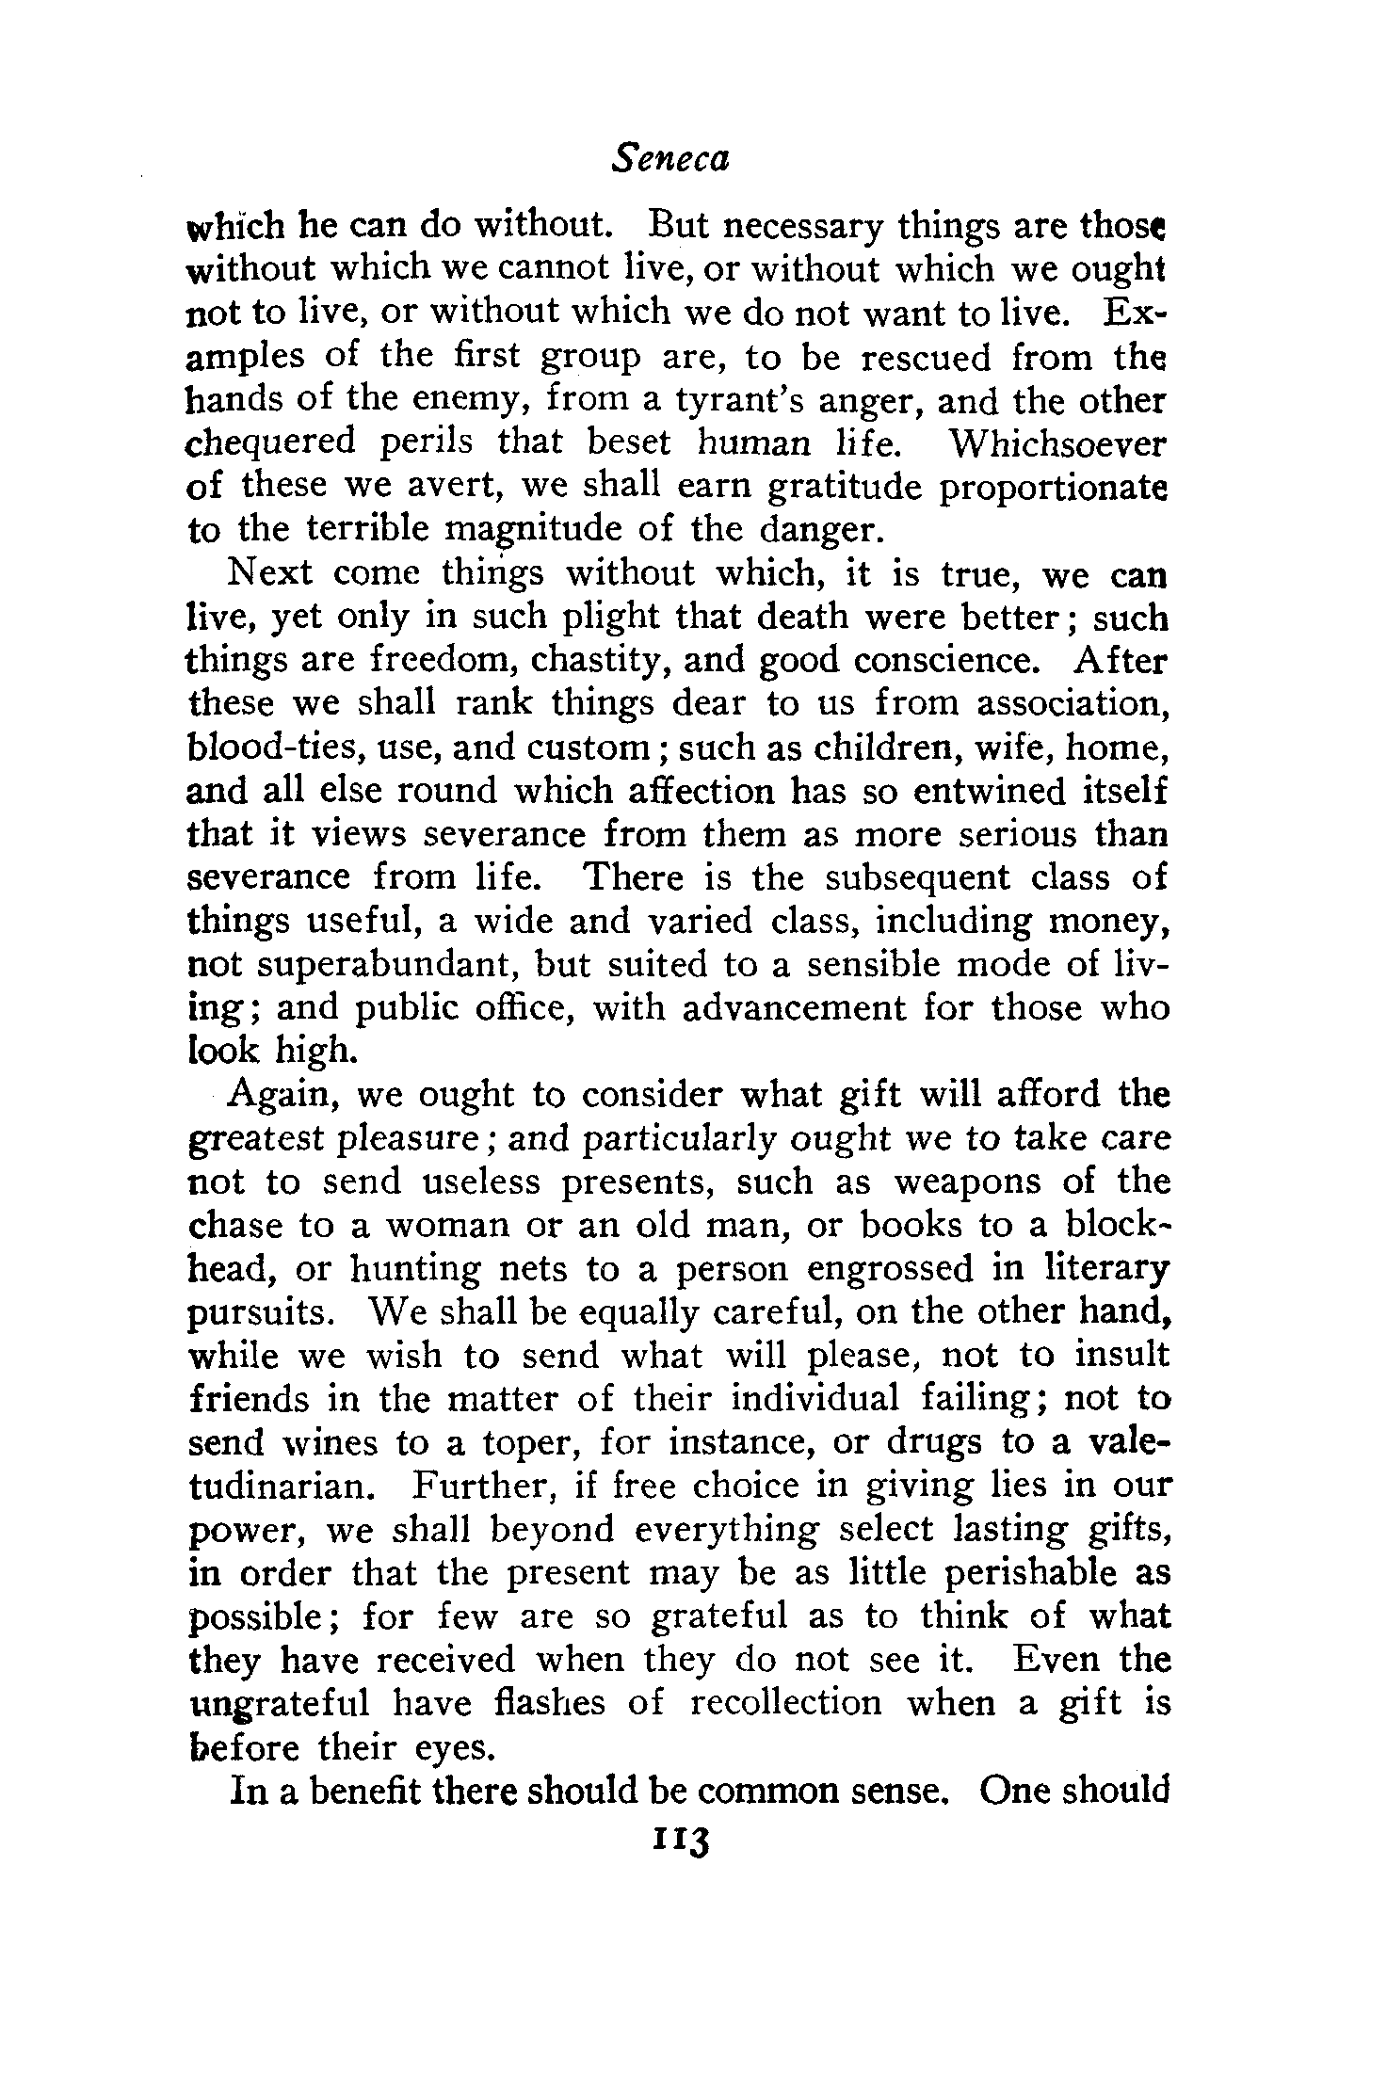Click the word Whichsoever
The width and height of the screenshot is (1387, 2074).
click(1058, 443)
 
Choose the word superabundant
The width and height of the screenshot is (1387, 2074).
click(385, 964)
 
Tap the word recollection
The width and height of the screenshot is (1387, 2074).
click(786, 1703)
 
